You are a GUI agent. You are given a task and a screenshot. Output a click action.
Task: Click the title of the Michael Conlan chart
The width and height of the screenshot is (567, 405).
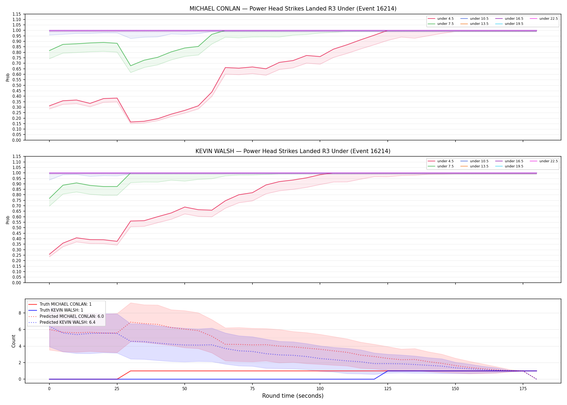[x=293, y=9]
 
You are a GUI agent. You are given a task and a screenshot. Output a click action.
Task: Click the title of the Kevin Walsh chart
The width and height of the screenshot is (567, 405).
[x=293, y=151]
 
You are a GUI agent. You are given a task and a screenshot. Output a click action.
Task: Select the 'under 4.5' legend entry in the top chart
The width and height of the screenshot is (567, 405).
[x=441, y=19]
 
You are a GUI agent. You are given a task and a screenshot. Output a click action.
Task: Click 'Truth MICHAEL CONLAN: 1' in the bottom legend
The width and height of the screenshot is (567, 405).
[x=60, y=304]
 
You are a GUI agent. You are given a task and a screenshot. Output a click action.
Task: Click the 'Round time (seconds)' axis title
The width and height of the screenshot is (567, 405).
[x=293, y=396]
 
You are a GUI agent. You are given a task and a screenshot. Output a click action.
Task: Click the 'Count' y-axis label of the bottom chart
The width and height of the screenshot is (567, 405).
[x=13, y=341]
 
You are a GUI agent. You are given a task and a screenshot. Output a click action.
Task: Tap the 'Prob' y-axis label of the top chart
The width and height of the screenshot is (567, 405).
[x=8, y=77]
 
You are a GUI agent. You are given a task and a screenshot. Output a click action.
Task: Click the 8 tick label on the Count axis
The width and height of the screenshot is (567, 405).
[x=20, y=313]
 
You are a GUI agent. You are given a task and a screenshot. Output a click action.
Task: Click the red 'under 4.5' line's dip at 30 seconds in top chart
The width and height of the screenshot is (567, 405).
[x=130, y=122]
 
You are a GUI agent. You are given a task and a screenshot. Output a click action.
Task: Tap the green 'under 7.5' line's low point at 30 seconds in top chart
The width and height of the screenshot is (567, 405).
[x=130, y=66]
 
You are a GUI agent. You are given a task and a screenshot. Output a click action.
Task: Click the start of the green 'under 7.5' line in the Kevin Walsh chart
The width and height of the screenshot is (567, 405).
[x=49, y=198]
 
